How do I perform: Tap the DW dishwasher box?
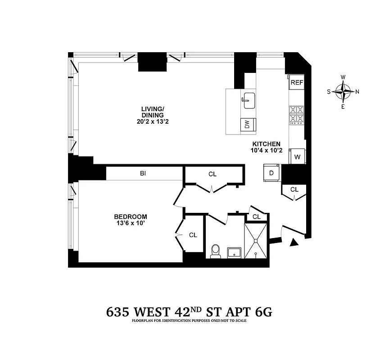coord(247,125)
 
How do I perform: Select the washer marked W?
coord(297,156)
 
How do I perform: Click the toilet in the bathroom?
coord(215,251)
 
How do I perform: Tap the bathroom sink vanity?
coord(234,252)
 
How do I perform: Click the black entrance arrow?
coord(294,243)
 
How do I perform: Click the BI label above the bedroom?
coord(143,173)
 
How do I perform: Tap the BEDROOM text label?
coord(131,216)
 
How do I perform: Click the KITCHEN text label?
coord(267,144)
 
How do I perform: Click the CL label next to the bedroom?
coord(193,235)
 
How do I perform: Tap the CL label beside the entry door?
coord(294,189)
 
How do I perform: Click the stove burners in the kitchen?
coord(297,114)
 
